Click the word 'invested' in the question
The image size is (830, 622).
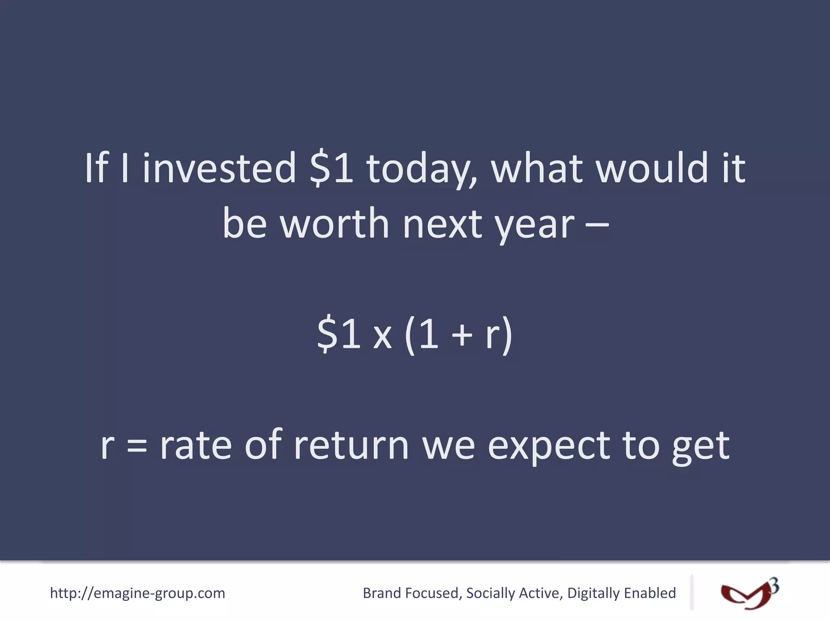pos(219,168)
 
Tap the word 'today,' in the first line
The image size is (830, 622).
pos(421,168)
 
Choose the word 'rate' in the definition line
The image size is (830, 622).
pos(196,445)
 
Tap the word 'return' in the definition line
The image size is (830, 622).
pos(351,445)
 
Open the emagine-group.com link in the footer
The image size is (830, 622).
pos(137,593)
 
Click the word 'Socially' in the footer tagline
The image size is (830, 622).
pos(490,593)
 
